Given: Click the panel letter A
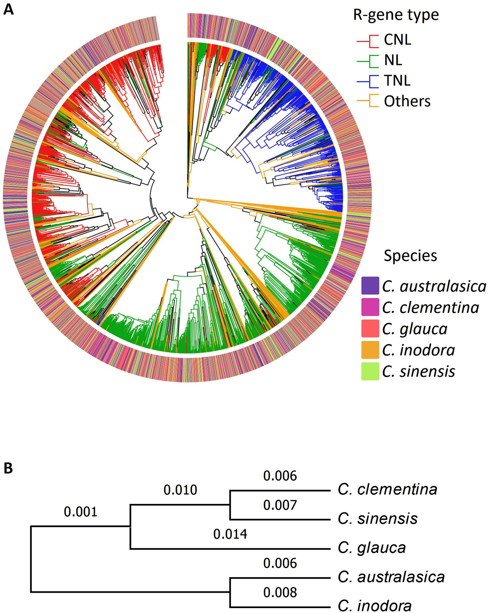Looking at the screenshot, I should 8,9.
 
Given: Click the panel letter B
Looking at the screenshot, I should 8,468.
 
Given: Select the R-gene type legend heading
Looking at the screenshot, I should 396,15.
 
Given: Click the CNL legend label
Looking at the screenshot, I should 397,40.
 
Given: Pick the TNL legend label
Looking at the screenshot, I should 397,81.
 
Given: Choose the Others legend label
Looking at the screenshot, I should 407,101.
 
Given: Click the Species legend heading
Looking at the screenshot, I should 410,256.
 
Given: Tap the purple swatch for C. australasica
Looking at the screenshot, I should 370,286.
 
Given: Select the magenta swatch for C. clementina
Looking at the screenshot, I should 370,307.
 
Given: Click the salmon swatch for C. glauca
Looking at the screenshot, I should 370,328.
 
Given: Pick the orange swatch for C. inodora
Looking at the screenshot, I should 370,349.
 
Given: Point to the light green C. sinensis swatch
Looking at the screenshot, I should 370,371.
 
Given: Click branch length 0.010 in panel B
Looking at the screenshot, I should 180,490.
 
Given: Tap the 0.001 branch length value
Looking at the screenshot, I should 80,512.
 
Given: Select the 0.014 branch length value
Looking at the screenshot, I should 230,534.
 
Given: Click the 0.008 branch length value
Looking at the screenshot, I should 280,592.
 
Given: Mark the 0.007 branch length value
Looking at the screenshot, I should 280,505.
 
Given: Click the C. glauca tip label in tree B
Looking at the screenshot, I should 372,548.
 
